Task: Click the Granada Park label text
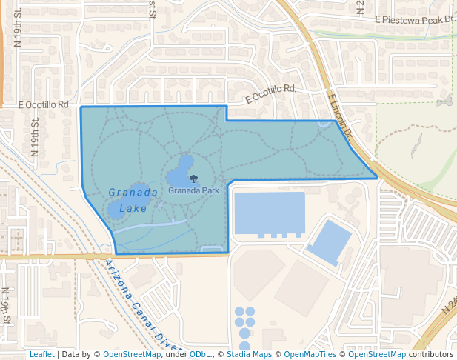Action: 193,190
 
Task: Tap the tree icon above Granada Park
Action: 193,179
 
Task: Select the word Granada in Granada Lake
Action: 133,193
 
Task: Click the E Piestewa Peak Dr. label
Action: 413,19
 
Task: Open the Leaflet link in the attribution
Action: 41,354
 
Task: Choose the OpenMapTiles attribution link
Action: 312,354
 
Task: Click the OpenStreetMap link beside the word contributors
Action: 377,354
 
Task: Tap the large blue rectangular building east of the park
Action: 269,213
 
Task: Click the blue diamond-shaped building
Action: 329,241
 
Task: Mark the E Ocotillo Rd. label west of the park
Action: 47,105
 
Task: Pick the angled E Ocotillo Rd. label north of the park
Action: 271,93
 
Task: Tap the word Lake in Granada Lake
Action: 133,208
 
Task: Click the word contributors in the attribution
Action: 431,354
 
